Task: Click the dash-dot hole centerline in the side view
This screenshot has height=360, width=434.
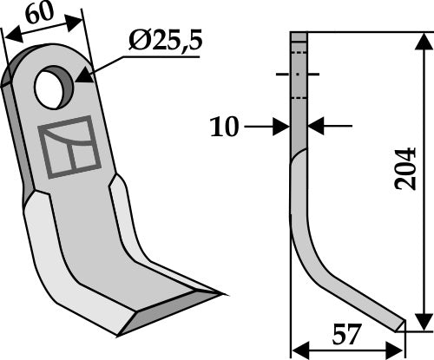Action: pyautogui.click(x=298, y=75)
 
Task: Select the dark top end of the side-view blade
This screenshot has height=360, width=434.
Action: pyautogui.click(x=298, y=42)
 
